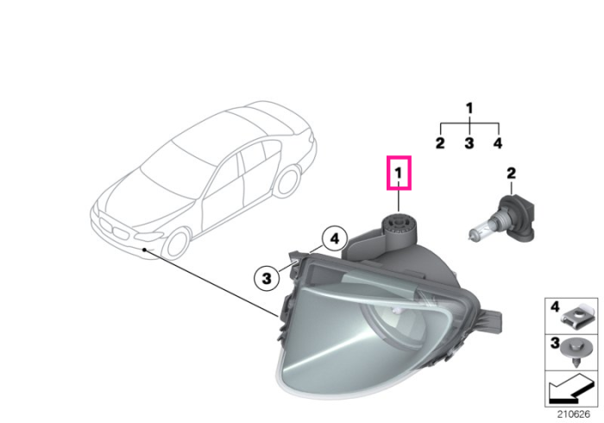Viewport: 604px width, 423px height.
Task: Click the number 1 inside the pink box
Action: pos(399,173)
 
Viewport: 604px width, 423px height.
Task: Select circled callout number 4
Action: pos(335,239)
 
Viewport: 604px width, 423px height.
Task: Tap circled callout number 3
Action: pos(266,278)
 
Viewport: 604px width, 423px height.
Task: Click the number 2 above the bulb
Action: pos(511,173)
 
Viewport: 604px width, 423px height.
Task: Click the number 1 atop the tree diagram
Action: pos(469,108)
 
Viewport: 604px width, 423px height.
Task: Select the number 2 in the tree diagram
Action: pos(440,143)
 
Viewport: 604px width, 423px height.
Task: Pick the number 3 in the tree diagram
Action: pos(469,143)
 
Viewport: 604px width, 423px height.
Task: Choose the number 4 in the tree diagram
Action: pos(498,143)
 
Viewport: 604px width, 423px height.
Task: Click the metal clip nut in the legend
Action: pos(577,318)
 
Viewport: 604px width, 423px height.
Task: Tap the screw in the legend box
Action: pos(576,351)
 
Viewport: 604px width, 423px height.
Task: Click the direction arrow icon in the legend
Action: pos(571,388)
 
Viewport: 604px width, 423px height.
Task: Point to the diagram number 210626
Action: pos(573,414)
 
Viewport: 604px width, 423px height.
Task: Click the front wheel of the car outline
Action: pos(177,243)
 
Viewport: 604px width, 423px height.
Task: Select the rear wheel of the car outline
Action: pos(287,181)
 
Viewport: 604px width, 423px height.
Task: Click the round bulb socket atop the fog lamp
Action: pos(398,224)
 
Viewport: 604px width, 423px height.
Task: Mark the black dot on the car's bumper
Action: pos(144,249)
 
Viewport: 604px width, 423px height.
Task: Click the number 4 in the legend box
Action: pos(555,307)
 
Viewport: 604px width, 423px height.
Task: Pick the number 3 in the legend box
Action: pos(555,343)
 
